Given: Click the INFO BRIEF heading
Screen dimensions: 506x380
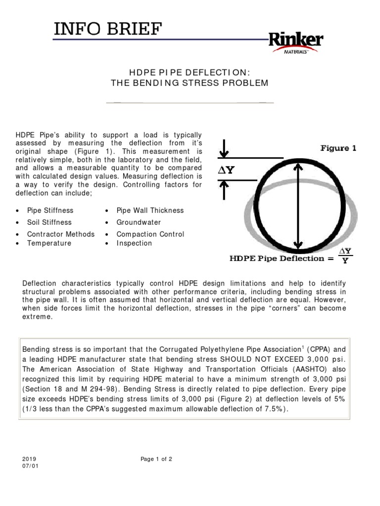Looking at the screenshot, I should [x=108, y=30].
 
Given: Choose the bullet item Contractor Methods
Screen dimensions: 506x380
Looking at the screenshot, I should [x=60, y=234].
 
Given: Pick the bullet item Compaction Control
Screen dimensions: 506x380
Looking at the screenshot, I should [x=150, y=234].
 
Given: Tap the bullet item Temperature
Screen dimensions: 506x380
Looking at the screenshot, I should [x=49, y=243].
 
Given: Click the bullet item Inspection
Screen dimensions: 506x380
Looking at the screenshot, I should [x=134, y=243].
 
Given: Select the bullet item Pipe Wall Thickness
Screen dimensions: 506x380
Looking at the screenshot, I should [x=150, y=211].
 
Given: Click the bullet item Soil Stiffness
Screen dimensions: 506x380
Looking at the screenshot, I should [x=49, y=222].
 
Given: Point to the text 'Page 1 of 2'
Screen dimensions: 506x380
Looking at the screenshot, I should [x=156, y=459].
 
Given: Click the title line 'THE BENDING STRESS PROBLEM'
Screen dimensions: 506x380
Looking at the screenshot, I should [x=190, y=83].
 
